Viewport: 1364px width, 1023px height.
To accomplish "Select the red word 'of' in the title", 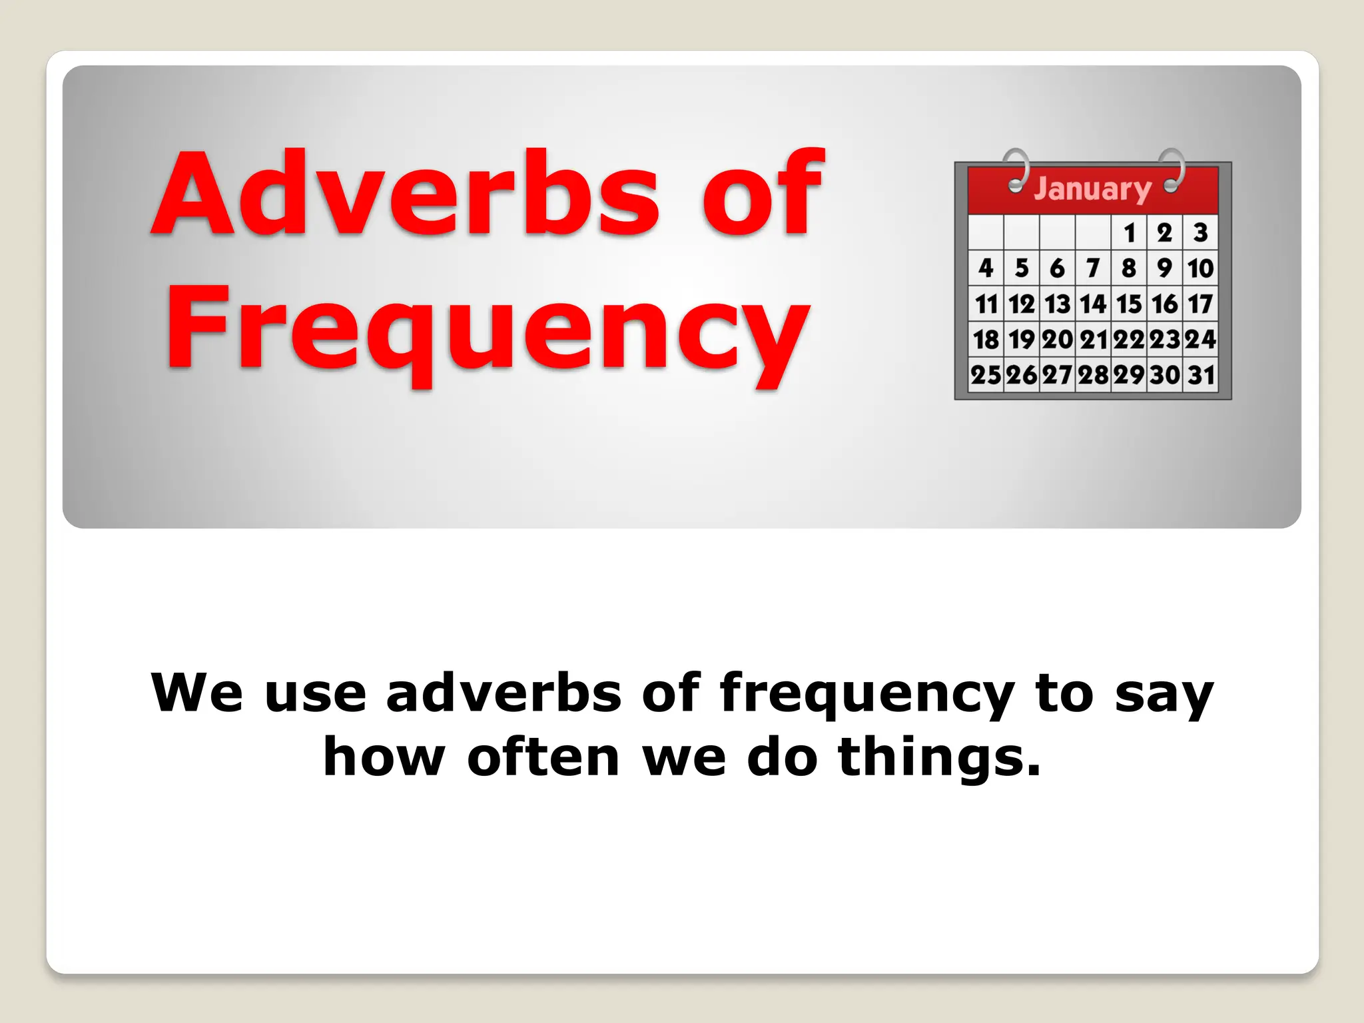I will tap(763, 194).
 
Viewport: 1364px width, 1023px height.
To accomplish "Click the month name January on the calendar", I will tap(1092, 189).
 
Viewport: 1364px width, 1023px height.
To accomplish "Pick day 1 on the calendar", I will tap(1129, 233).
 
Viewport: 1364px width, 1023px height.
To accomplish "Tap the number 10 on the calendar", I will tap(1200, 268).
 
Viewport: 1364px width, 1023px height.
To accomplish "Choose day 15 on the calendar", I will tap(1129, 304).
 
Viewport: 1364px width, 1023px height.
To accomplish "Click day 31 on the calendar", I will tap(1201, 375).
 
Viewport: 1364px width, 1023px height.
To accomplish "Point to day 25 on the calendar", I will tap(986, 375).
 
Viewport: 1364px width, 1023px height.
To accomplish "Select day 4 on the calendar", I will tap(986, 268).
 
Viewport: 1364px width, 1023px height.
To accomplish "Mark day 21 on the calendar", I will tap(1093, 340).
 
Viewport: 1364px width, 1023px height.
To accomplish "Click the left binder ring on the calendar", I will tap(1016, 170).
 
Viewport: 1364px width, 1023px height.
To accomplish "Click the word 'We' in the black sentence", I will tap(196, 694).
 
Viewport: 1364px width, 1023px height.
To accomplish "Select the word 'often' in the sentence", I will tap(543, 758).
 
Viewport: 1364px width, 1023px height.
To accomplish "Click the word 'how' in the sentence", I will tap(384, 758).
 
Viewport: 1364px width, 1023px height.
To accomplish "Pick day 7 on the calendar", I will tap(1093, 268).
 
